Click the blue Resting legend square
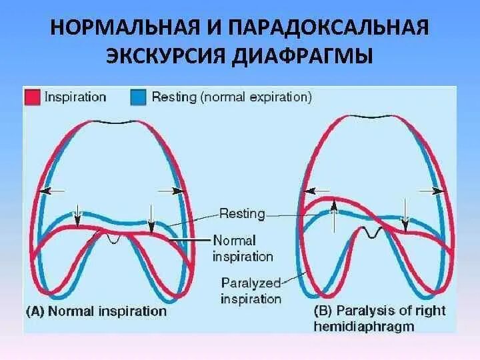tap(137, 97)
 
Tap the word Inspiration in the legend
tap(75, 97)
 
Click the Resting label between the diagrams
tap(243, 214)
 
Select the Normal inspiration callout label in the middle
tap(243, 247)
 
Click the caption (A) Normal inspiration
tap(96, 311)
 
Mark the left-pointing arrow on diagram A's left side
tap(45, 190)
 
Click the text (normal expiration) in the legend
tap(255, 97)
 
